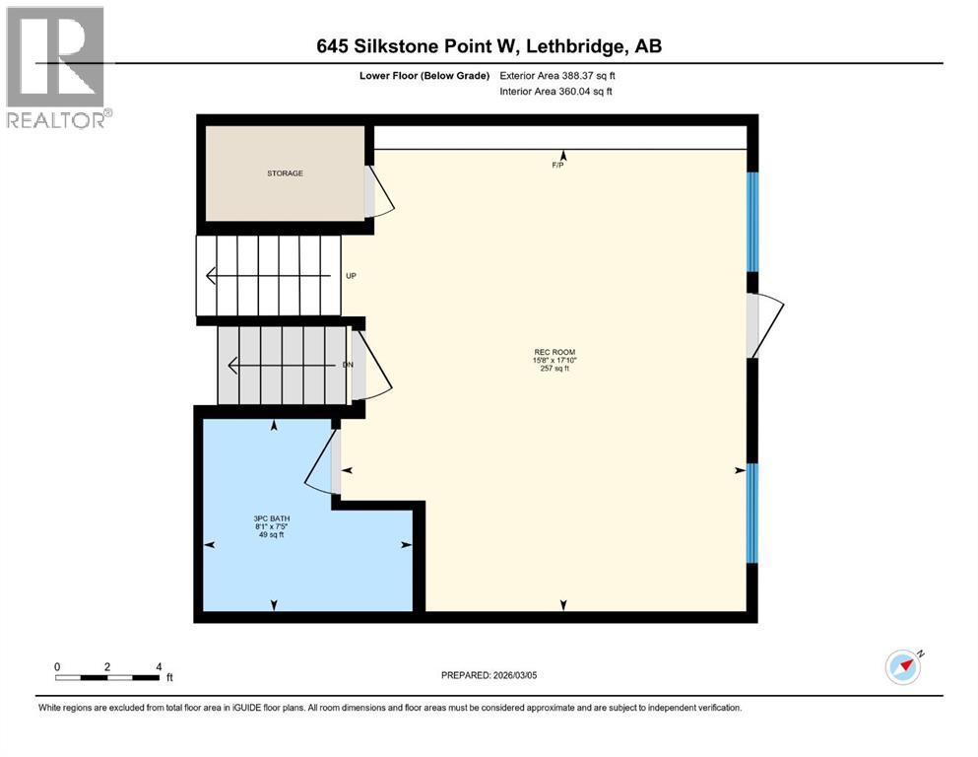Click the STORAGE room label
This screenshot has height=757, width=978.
click(284, 173)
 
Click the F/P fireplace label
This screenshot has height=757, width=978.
click(557, 166)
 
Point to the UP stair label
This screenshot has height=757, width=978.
click(351, 276)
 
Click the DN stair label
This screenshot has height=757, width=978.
click(347, 366)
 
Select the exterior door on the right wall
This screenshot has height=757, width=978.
click(766, 325)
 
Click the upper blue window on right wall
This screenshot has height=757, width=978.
click(752, 222)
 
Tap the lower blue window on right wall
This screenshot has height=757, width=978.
click(752, 513)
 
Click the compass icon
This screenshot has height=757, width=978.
click(903, 667)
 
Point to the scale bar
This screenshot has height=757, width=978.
click(108, 676)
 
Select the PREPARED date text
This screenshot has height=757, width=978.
click(489, 675)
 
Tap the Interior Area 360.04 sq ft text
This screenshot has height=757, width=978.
click(555, 92)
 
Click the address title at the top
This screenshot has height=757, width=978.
click(489, 45)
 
